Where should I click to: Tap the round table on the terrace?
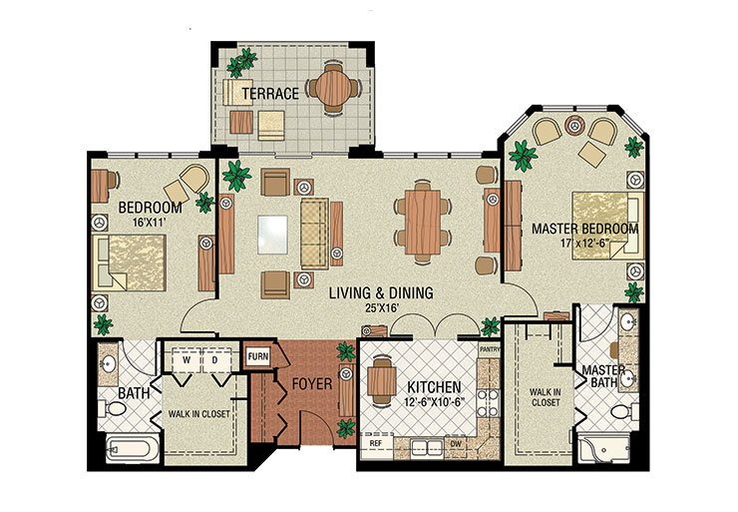point(330,88)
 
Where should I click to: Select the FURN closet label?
point(257,354)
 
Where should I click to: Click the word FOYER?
point(310,382)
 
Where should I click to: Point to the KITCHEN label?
point(432,386)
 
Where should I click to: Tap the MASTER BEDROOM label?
point(583,229)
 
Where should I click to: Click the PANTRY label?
point(489,350)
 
